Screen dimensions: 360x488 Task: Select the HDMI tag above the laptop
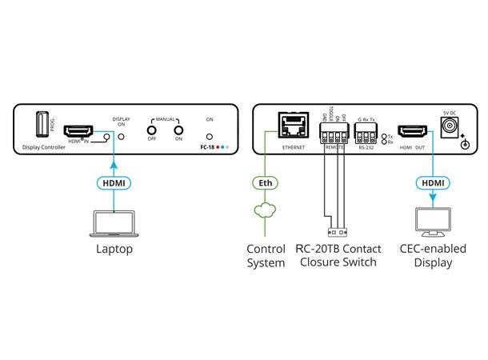click(114, 183)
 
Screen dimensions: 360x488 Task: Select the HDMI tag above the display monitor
click(433, 183)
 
